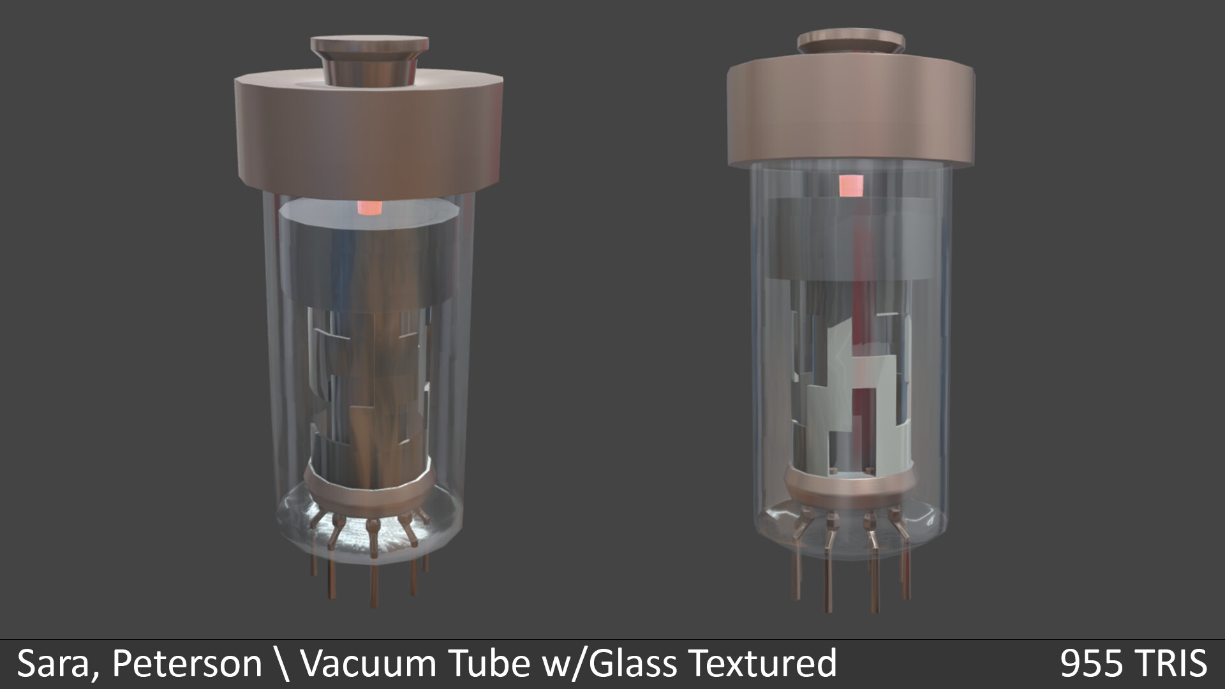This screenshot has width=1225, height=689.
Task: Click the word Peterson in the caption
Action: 186,664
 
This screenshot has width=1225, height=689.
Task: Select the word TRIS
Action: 1174,664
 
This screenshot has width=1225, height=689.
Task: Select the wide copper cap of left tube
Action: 369,137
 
